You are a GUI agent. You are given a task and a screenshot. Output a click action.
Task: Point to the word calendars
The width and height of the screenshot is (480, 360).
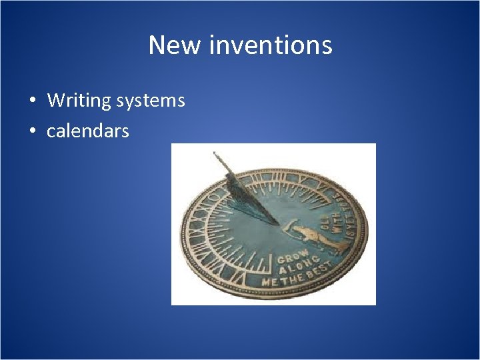pos(87,131)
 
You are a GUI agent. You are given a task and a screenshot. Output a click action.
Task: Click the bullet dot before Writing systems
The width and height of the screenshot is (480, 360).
pos(32,101)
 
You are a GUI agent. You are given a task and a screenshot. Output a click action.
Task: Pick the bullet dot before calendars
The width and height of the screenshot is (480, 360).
pos(32,132)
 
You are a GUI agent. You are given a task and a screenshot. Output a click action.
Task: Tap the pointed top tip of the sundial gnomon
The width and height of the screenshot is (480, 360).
pos(215,153)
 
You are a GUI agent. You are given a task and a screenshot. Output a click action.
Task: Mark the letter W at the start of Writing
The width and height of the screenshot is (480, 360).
pos(55,101)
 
